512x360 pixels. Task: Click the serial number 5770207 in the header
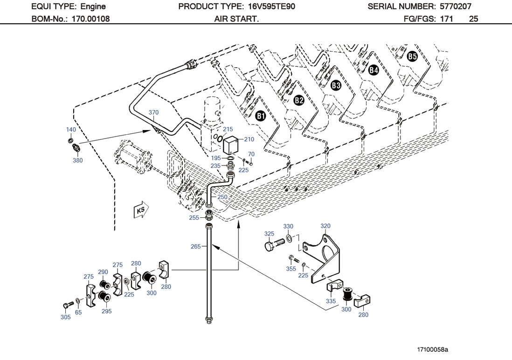point(455,7)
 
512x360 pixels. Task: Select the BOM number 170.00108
point(90,19)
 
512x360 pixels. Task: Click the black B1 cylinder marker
point(261,116)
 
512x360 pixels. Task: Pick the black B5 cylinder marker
point(412,57)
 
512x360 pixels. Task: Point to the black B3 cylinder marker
point(336,85)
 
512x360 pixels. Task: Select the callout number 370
point(154,112)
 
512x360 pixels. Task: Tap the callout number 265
point(196,246)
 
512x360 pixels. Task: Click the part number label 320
point(325,226)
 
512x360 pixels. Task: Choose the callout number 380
point(77,160)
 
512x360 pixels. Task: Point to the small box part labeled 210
point(231,145)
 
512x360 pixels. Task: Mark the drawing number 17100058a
point(432,349)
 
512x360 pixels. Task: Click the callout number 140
point(71,130)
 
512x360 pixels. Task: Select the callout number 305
point(66,317)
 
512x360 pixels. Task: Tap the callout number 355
point(291,269)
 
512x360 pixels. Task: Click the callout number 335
point(331,301)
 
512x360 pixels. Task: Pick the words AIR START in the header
point(236,19)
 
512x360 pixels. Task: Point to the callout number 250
point(222,197)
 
